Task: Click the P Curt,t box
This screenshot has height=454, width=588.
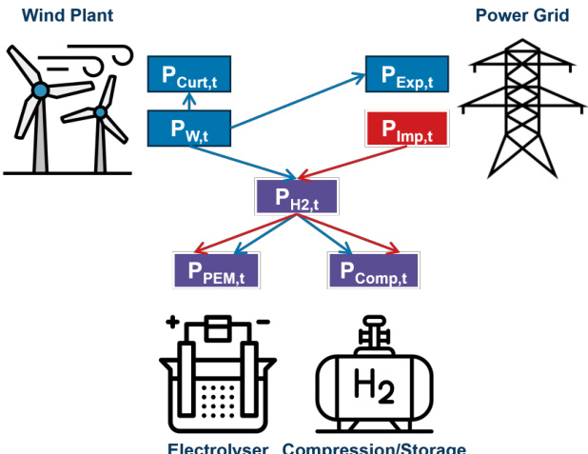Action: click(190, 74)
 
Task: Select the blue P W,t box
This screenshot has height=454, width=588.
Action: click(190, 128)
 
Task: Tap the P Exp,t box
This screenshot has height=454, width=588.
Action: click(406, 74)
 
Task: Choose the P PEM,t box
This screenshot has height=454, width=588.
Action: click(216, 269)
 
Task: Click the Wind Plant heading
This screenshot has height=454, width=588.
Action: click(67, 15)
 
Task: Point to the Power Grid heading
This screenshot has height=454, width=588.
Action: click(521, 15)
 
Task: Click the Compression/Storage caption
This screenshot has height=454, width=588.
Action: click(375, 447)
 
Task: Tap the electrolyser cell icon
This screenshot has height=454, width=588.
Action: click(217, 376)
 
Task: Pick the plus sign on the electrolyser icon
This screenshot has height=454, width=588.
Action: click(172, 324)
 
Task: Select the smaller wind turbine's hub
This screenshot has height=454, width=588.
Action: click(100, 113)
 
